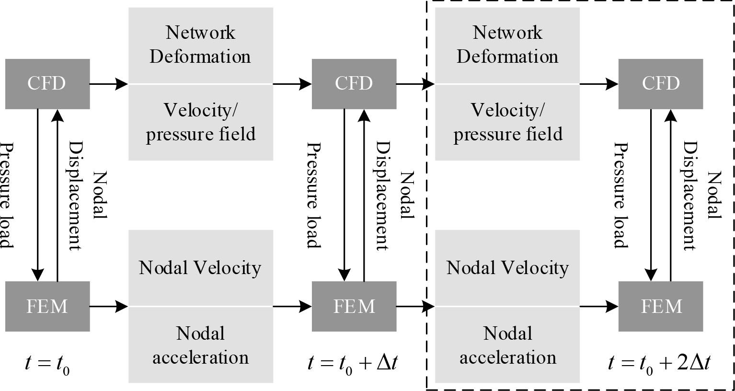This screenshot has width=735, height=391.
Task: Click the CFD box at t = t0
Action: tap(47, 83)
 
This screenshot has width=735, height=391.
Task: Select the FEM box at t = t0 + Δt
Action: tap(354, 306)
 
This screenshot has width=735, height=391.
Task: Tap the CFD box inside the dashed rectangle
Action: tap(661, 83)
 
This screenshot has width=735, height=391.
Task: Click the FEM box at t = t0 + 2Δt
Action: tap(661, 306)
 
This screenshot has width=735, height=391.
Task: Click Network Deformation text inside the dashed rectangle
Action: tap(507, 45)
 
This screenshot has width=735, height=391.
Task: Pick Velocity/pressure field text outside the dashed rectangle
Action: tap(200, 122)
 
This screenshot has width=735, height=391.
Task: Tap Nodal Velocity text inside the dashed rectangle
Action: tap(507, 267)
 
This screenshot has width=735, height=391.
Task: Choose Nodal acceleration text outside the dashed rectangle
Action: tap(200, 345)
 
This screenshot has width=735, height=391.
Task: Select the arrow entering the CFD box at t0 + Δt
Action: tap(292, 84)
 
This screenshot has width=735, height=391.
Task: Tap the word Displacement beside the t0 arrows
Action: tap(76, 195)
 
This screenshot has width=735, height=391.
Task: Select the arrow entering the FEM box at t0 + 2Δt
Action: tap(599, 306)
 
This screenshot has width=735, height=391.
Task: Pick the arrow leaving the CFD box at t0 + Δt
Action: tap(415, 84)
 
